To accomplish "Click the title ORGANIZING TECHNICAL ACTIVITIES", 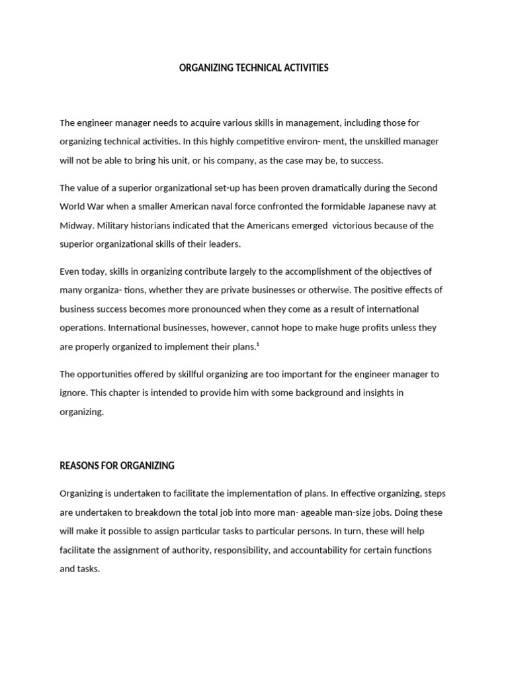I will click(253, 68).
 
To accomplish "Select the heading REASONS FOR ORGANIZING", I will click(117, 465).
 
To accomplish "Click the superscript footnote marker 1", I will click(257, 344).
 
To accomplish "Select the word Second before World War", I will click(423, 188).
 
